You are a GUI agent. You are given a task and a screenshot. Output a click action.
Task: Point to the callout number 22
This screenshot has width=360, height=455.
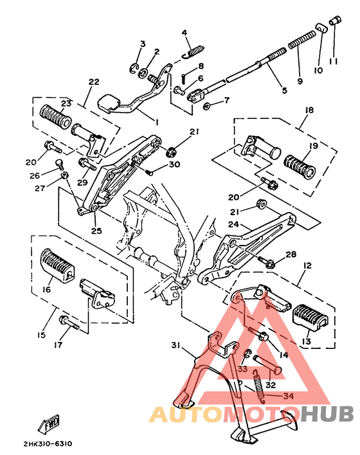click(x=94, y=82)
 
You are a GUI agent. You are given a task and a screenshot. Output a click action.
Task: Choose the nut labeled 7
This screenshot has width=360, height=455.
click(x=206, y=105)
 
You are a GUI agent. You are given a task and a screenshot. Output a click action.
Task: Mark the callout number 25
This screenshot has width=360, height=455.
click(x=96, y=231)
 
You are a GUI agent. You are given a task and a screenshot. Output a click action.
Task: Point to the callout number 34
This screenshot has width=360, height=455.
click(x=287, y=396)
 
